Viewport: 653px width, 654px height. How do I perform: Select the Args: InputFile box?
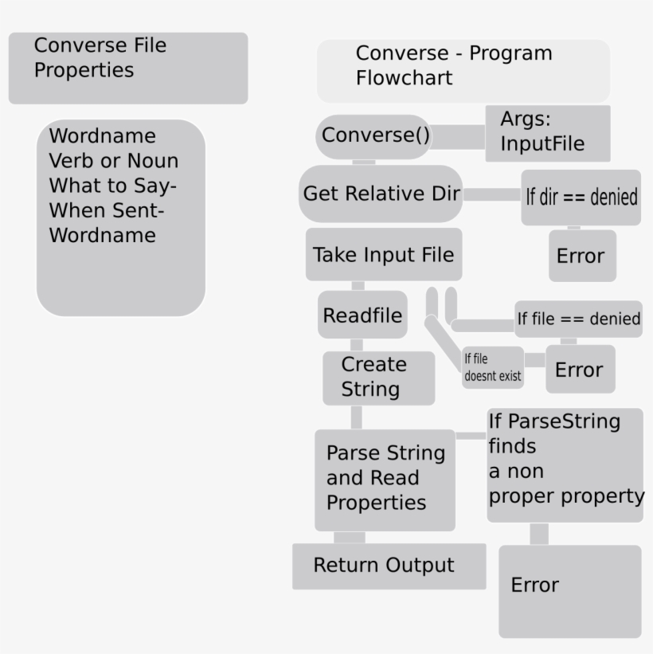coord(548,133)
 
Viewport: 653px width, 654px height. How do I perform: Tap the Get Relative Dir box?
coord(381,194)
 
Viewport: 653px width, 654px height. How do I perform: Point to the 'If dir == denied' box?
coord(581,197)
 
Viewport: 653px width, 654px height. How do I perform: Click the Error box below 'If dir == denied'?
coord(581,257)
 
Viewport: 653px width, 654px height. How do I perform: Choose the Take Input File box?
coord(384,255)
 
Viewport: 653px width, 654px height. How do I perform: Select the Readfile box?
coord(362,315)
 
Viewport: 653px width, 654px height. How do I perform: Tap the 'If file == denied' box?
coord(578,319)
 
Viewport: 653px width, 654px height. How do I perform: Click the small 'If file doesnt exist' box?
coord(492,368)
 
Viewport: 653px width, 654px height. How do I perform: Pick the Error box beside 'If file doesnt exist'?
coord(580,370)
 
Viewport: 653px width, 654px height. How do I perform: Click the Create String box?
coord(378,378)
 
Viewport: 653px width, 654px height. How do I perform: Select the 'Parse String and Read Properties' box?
coord(385,479)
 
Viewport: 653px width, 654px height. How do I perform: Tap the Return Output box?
coord(388,566)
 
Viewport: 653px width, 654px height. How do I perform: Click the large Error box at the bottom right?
coord(569,590)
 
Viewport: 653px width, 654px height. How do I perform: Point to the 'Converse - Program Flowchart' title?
coord(463,71)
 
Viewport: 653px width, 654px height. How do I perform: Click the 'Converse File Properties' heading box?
coord(127,68)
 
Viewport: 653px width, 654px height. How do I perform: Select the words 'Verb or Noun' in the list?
coord(114,161)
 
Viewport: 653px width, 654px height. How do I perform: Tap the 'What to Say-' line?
coord(113,186)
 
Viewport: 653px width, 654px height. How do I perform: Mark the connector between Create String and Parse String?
coord(356,417)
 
